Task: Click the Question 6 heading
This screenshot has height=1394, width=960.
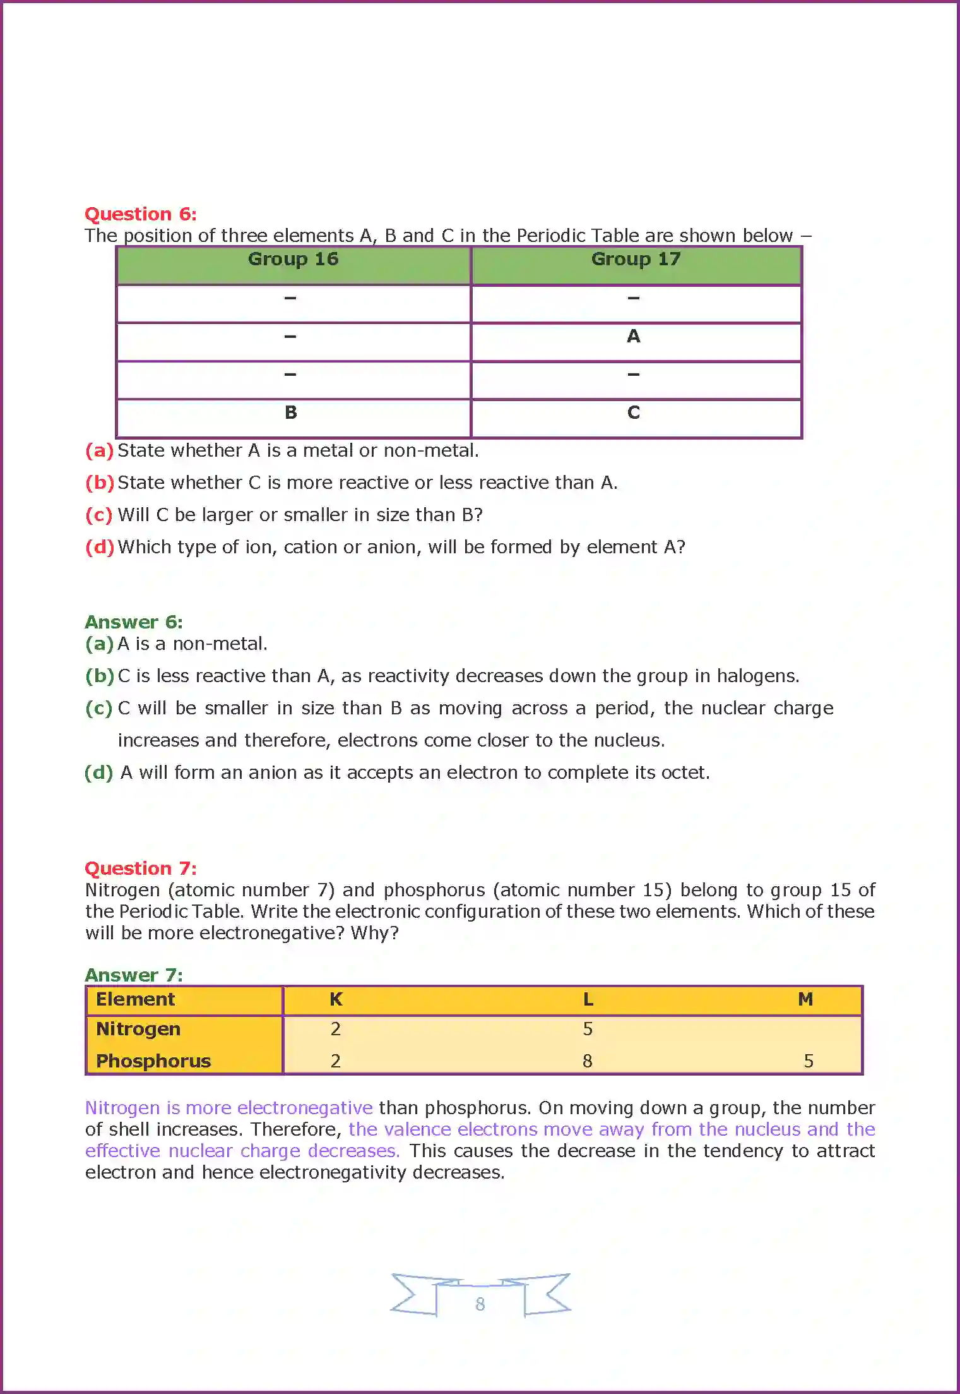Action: (140, 214)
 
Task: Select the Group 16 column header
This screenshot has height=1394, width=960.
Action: (293, 260)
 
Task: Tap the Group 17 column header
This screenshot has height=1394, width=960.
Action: (636, 260)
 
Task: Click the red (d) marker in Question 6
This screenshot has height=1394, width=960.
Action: (100, 547)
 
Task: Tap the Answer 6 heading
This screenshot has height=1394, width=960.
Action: (134, 622)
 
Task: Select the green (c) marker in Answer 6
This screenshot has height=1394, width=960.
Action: (98, 709)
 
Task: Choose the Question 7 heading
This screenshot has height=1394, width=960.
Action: (140, 868)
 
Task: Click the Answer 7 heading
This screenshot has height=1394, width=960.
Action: (134, 975)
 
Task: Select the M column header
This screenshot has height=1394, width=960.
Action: (805, 1000)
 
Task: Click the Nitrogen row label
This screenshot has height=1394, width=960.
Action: (138, 1030)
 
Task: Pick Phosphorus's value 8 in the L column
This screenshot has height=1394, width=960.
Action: (587, 1062)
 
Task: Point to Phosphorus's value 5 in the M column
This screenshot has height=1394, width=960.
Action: (808, 1062)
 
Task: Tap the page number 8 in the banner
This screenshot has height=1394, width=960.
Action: (480, 1304)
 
